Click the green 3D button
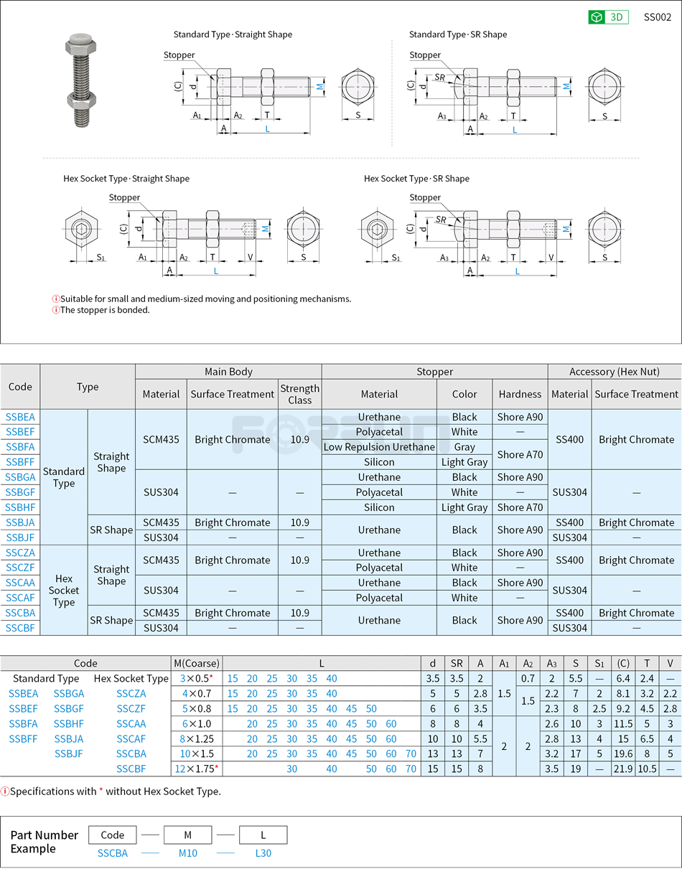(608, 17)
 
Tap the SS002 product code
(657, 17)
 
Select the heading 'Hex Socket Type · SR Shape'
(416, 179)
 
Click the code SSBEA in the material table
(20, 417)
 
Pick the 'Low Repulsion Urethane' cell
(379, 447)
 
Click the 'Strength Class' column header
(299, 394)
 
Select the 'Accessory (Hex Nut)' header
(614, 372)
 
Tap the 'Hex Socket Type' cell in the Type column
(64, 591)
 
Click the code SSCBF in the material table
(20, 628)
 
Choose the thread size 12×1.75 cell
(196, 769)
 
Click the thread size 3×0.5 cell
(196, 679)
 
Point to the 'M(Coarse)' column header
(197, 663)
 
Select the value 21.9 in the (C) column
(623, 769)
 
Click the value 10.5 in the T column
(647, 769)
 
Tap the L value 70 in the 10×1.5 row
(410, 753)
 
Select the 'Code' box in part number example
(113, 835)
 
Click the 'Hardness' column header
(520, 394)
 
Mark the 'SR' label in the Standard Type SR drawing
(439, 77)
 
